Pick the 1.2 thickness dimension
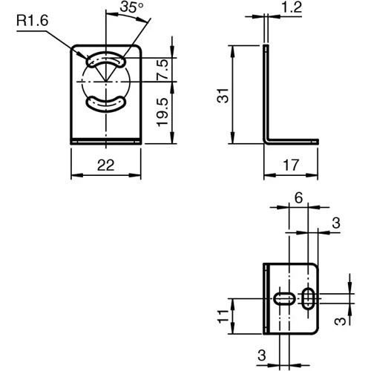click(292, 8)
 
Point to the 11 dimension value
click(222, 316)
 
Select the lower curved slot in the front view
click(107, 103)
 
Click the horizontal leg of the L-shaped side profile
click(293, 139)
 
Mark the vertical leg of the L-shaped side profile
click(266, 93)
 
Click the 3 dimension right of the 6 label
click(336, 223)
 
